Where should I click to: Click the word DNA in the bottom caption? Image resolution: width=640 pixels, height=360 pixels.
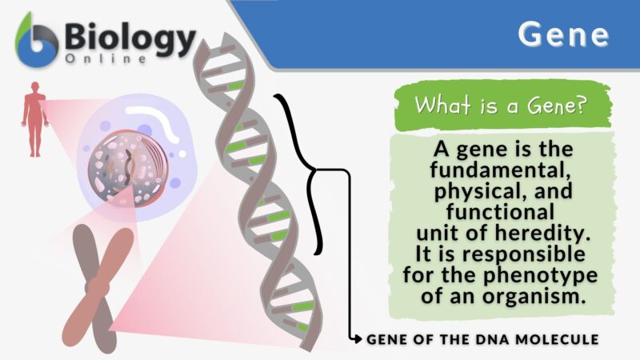pyautogui.click(x=495, y=339)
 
